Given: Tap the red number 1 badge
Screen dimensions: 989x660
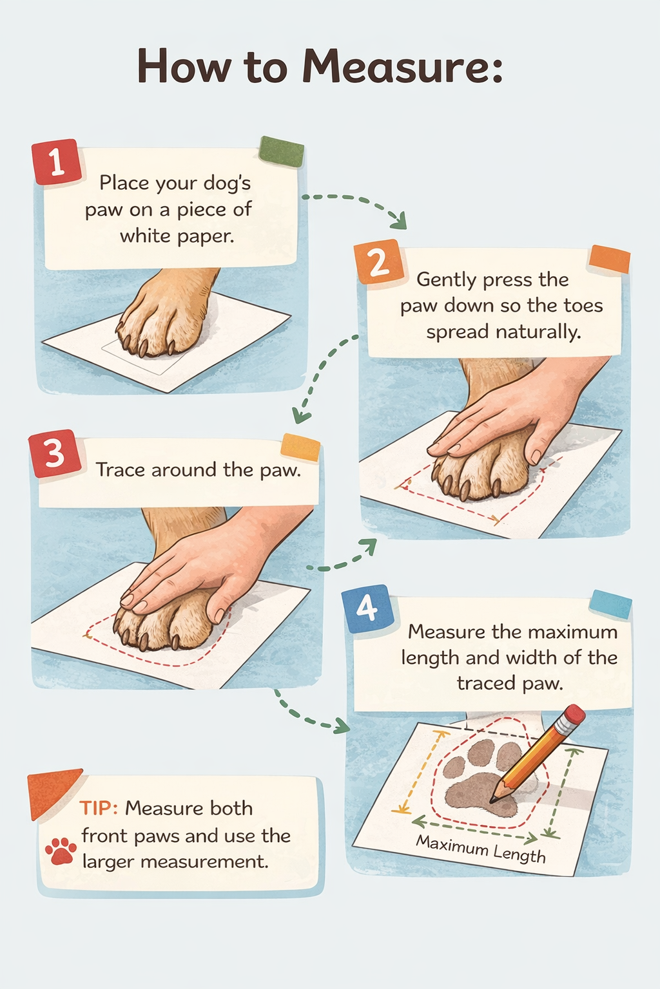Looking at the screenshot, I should (57, 162).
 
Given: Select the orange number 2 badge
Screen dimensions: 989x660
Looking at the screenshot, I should (378, 262).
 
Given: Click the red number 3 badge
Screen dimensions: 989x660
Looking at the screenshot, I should (55, 454).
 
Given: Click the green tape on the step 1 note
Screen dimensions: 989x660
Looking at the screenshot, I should (281, 152).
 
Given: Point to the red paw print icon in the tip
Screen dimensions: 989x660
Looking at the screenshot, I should (61, 851).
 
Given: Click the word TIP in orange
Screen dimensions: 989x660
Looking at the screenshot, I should (98, 808).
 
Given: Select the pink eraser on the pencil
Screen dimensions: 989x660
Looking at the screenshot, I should (572, 715).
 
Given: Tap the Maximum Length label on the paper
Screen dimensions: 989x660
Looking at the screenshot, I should (480, 849).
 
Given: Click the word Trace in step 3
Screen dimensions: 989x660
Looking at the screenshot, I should (120, 470).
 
